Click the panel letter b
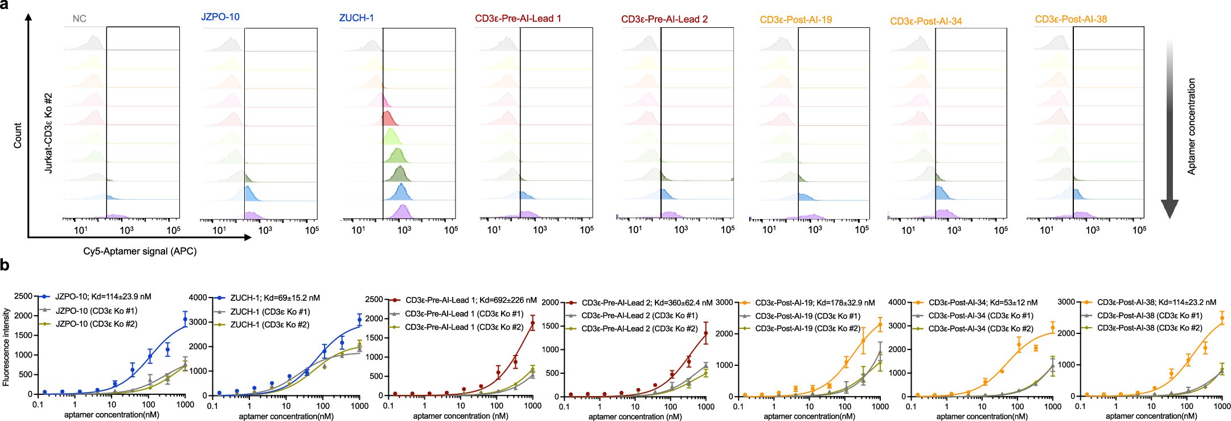[x=5, y=265]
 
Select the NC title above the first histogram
[x=79, y=19]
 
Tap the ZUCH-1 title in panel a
[x=356, y=18]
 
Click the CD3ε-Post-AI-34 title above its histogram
[x=926, y=22]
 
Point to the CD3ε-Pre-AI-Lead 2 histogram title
[x=664, y=19]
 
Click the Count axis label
[x=18, y=135]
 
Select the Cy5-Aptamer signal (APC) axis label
[x=139, y=251]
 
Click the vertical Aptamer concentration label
[x=1191, y=126]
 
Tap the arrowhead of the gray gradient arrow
[x=1169, y=210]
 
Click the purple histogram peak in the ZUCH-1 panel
[x=403, y=212]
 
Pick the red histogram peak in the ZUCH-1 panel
[x=387, y=119]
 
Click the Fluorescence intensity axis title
[x=6, y=347]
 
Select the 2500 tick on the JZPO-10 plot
[x=23, y=296]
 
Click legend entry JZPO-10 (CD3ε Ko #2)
[x=96, y=324]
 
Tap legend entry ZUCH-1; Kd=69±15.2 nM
[x=274, y=298]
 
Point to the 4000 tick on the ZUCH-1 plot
[x=197, y=298]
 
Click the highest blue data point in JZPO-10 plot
[x=184, y=320]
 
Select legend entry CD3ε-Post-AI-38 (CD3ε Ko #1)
[x=1149, y=315]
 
